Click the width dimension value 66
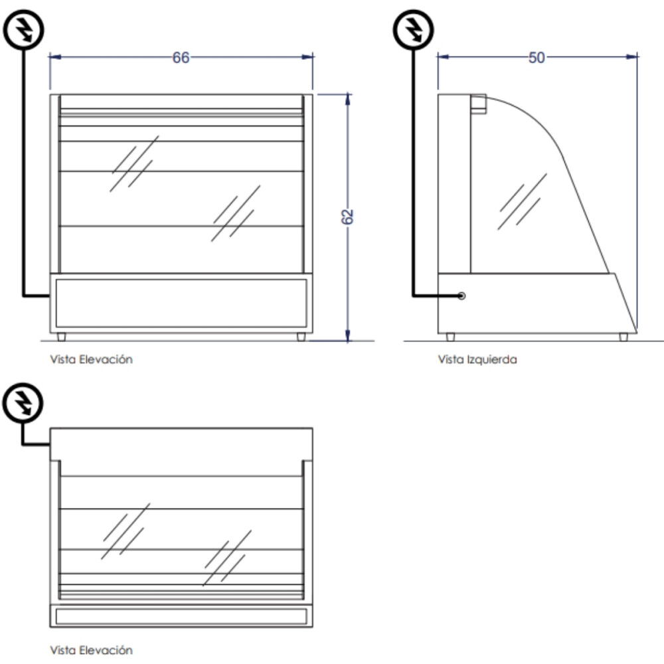click(x=181, y=58)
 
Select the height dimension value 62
click(x=349, y=217)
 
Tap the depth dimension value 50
click(x=536, y=58)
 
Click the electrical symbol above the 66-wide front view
click(x=25, y=29)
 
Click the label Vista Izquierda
click(x=477, y=360)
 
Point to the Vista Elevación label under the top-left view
click(x=91, y=359)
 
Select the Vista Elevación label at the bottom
click(x=91, y=649)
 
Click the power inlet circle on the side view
click(x=461, y=295)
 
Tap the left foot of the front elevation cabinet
click(x=62, y=337)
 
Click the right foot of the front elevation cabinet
click(x=301, y=337)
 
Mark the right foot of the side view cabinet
click(x=623, y=337)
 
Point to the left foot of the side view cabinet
click(x=451, y=337)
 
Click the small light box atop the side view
click(x=479, y=103)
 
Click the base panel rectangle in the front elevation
click(x=181, y=303)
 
